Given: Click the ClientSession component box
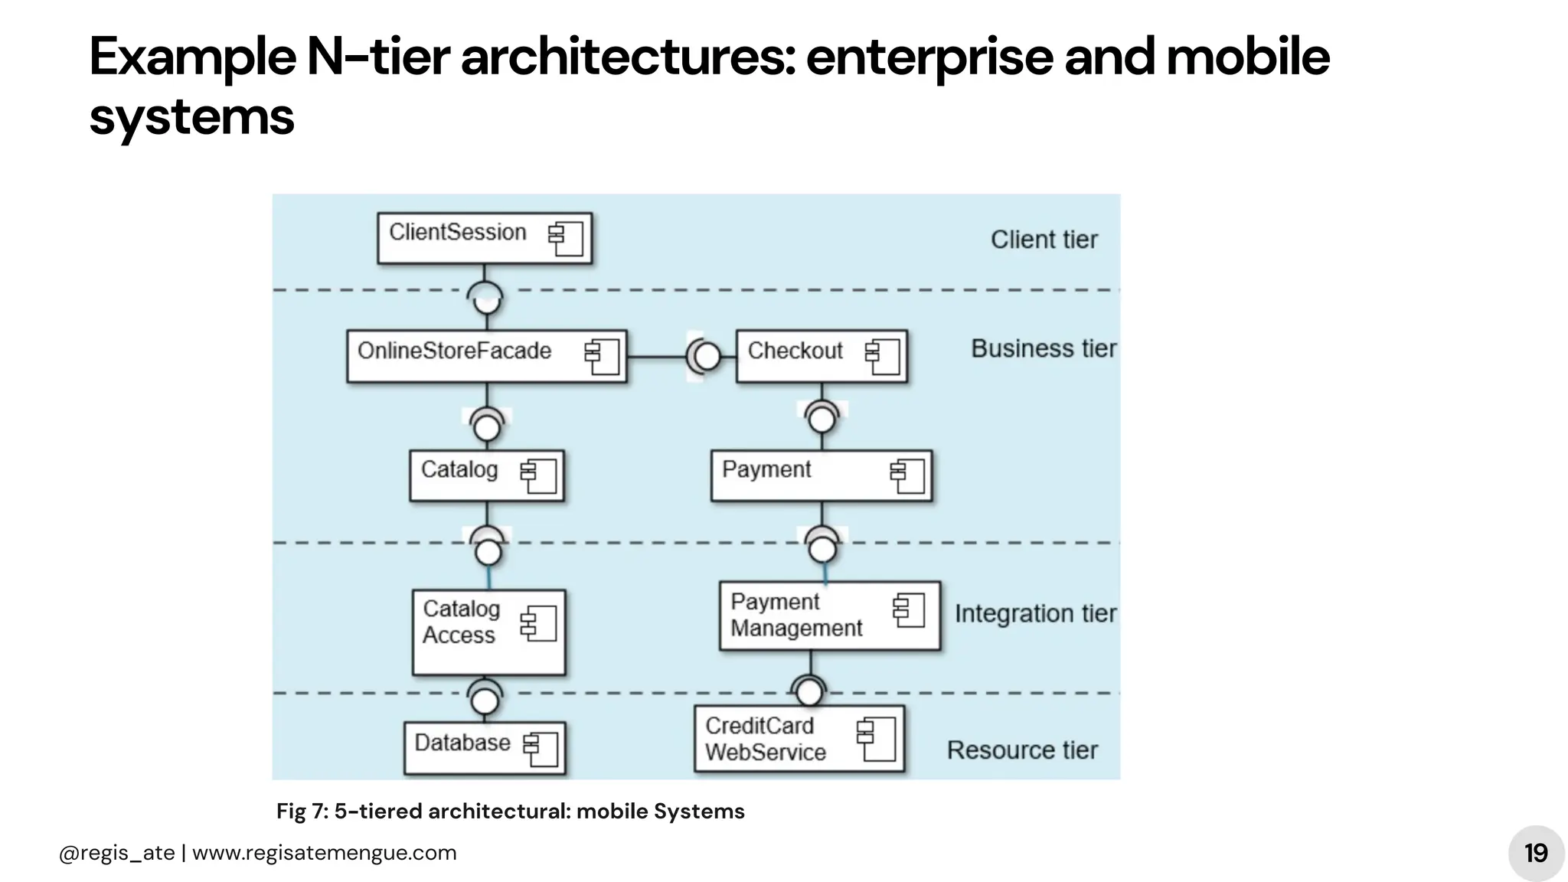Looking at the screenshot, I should point(484,238).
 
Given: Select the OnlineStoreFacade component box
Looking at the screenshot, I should point(486,356).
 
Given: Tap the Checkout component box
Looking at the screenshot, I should point(821,356).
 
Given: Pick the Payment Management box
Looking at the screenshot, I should point(829,616).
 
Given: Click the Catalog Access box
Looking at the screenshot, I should point(488,632).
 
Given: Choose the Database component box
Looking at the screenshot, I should point(485,747).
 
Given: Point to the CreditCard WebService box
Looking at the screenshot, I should point(799,739).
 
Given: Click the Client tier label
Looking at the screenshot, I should point(1044,240).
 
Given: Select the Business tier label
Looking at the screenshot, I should point(1043,349).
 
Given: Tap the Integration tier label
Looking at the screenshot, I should point(1035,614).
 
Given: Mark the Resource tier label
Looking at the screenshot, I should point(1022,750).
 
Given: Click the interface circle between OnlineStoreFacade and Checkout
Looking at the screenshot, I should point(707,356).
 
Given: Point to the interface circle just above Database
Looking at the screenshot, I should point(485,700).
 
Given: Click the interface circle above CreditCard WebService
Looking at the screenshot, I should point(809,692).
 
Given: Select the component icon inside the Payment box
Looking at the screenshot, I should point(908,475).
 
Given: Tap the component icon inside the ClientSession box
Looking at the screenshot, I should point(566,239).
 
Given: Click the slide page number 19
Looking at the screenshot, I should point(1535,853).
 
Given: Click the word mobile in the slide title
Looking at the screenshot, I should point(1247,57).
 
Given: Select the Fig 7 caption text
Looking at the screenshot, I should point(510,812).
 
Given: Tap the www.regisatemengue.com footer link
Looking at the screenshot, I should point(324,853).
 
